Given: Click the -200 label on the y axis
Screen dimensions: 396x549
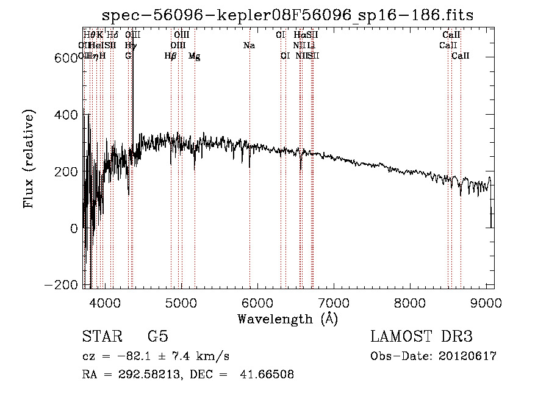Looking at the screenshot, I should [62, 286].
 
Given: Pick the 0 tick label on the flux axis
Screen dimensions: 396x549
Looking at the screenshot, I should [74, 229].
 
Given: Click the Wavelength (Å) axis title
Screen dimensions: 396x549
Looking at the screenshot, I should [287, 319].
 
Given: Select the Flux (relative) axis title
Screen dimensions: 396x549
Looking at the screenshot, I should [29, 159].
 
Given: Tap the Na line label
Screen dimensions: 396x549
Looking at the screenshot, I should [249, 46].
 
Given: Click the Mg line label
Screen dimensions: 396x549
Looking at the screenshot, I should [194, 56].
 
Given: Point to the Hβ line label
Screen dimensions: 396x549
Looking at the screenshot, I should [170, 56].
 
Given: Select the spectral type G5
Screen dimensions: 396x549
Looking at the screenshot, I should [157, 337].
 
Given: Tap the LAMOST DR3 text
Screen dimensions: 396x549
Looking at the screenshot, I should [422, 337].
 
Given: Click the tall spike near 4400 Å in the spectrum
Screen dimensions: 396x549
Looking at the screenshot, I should [133, 92].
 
